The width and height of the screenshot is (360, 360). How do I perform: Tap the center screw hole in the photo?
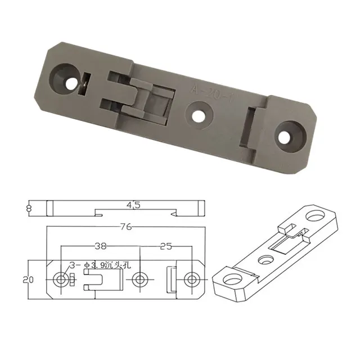click(x=197, y=115)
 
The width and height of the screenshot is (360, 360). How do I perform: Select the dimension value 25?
click(x=166, y=246)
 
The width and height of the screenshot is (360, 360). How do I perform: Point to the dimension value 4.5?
click(x=133, y=206)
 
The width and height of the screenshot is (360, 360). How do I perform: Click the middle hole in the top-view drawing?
click(x=141, y=279)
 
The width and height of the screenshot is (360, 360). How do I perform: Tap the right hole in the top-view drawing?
click(x=192, y=279)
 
